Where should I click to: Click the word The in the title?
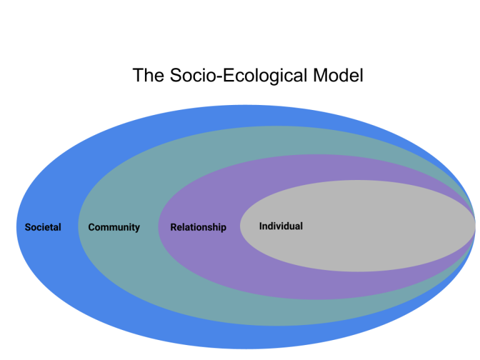click(x=149, y=75)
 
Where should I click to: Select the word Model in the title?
click(x=338, y=75)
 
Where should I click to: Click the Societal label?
click(x=43, y=227)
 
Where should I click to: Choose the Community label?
click(x=114, y=227)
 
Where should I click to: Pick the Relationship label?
click(x=198, y=227)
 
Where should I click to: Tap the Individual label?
click(x=281, y=226)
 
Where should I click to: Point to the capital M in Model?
click(x=319, y=75)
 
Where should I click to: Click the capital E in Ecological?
click(x=228, y=75)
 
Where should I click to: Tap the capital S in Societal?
click(x=28, y=227)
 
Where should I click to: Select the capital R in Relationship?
click(x=174, y=227)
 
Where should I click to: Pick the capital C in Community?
click(x=91, y=227)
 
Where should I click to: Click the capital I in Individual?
click(x=261, y=226)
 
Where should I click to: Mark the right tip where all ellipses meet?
click(x=476, y=226)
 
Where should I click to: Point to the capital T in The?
click(x=137, y=75)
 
